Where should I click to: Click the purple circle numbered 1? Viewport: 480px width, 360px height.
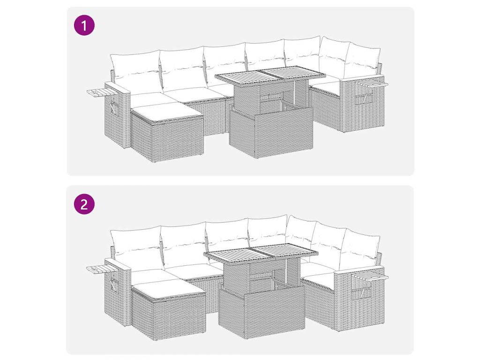84,25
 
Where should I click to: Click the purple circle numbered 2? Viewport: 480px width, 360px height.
84,203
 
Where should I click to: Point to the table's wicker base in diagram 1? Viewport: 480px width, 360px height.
271,133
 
